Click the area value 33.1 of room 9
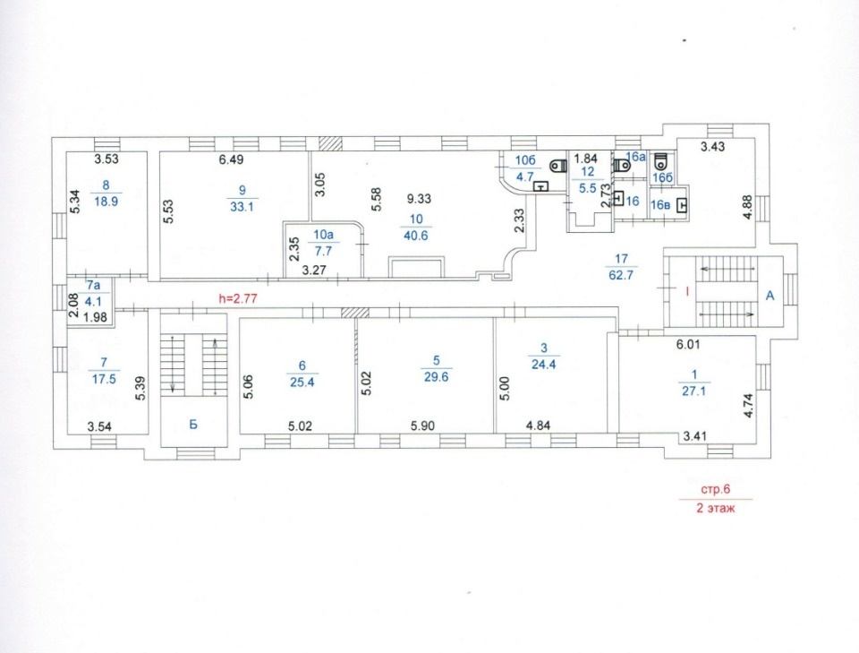click(242, 207)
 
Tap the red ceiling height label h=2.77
click(238, 299)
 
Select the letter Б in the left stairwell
click(193, 424)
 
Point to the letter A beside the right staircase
click(770, 296)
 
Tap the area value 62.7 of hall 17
click(621, 275)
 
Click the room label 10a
click(323, 235)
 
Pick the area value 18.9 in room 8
click(106, 202)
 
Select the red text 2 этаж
click(716, 508)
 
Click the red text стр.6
click(717, 489)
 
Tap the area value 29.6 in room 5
click(436, 377)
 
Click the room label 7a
click(94, 285)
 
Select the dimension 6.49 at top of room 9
click(231, 160)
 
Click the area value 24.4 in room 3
click(543, 364)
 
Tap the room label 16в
click(660, 206)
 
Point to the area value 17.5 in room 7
click(104, 379)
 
